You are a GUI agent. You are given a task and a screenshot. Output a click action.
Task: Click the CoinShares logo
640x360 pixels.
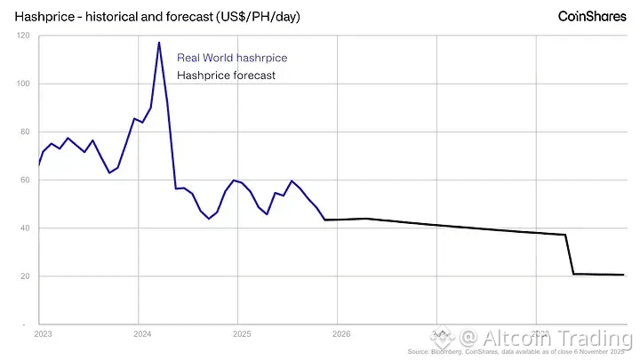click(x=591, y=16)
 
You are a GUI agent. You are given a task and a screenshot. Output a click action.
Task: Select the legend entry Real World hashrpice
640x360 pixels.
click(x=232, y=58)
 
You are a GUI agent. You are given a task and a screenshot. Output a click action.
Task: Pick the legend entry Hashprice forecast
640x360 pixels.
click(x=226, y=75)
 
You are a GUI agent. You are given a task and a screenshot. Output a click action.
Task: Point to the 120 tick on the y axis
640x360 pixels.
click(x=23, y=36)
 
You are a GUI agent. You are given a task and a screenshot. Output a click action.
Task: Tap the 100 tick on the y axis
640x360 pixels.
click(x=23, y=84)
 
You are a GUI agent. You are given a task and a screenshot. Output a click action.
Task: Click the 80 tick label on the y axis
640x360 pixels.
click(x=25, y=132)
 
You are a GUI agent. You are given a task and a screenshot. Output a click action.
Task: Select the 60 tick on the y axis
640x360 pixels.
click(x=25, y=180)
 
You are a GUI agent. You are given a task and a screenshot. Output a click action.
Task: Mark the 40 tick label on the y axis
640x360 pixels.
click(x=25, y=228)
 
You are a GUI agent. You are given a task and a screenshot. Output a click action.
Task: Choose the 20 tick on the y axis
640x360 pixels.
click(x=25, y=276)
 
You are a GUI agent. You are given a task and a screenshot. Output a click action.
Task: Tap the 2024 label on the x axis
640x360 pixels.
click(x=142, y=334)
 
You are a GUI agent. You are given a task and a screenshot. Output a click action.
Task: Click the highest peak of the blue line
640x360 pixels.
click(x=158, y=43)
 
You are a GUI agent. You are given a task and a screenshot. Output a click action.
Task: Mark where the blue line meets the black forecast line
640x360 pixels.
click(x=325, y=220)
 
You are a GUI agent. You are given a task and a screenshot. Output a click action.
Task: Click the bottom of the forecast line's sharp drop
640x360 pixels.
click(x=574, y=274)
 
